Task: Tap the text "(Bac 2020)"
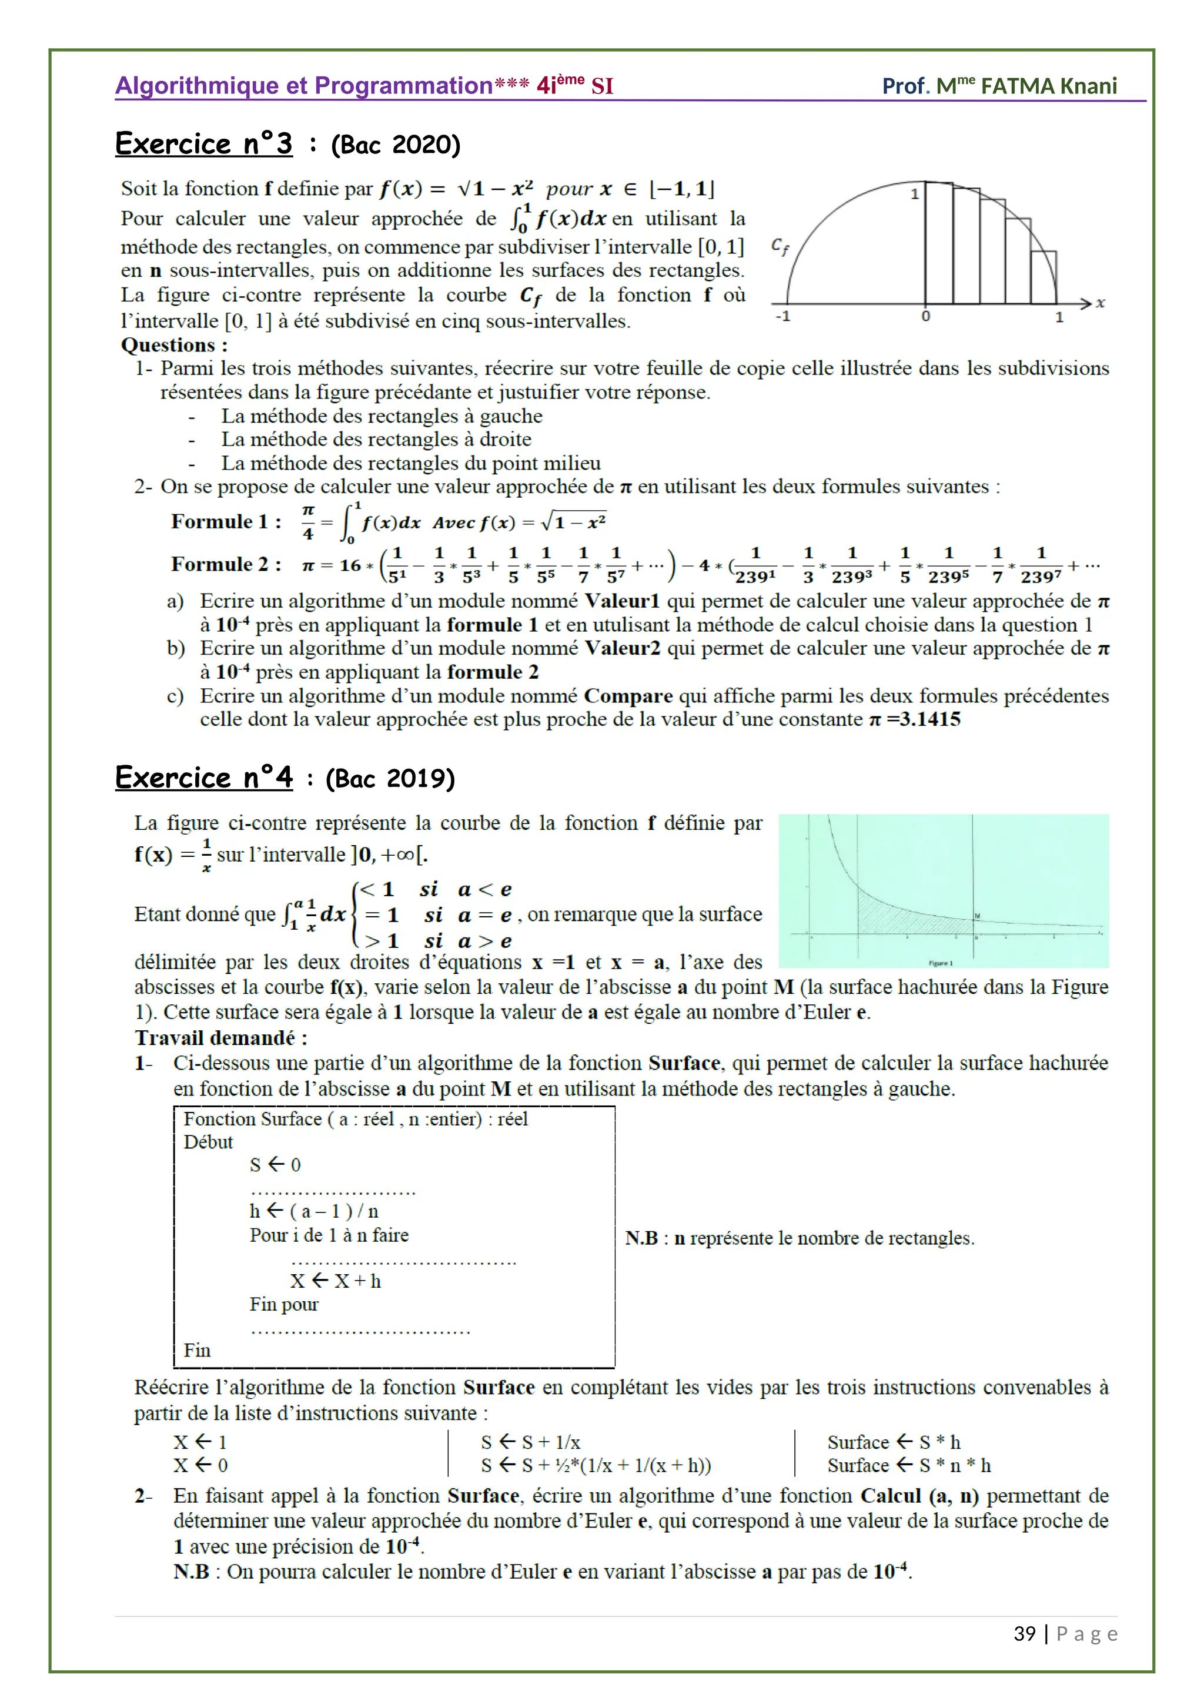click(x=396, y=145)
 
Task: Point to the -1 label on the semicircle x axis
click(x=783, y=317)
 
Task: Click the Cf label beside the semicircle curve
click(x=780, y=247)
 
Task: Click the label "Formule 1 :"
click(x=226, y=522)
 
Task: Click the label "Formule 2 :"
click(x=226, y=565)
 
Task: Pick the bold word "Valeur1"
click(x=622, y=601)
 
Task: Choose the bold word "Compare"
click(x=628, y=696)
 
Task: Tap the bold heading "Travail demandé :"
click(x=221, y=1038)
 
